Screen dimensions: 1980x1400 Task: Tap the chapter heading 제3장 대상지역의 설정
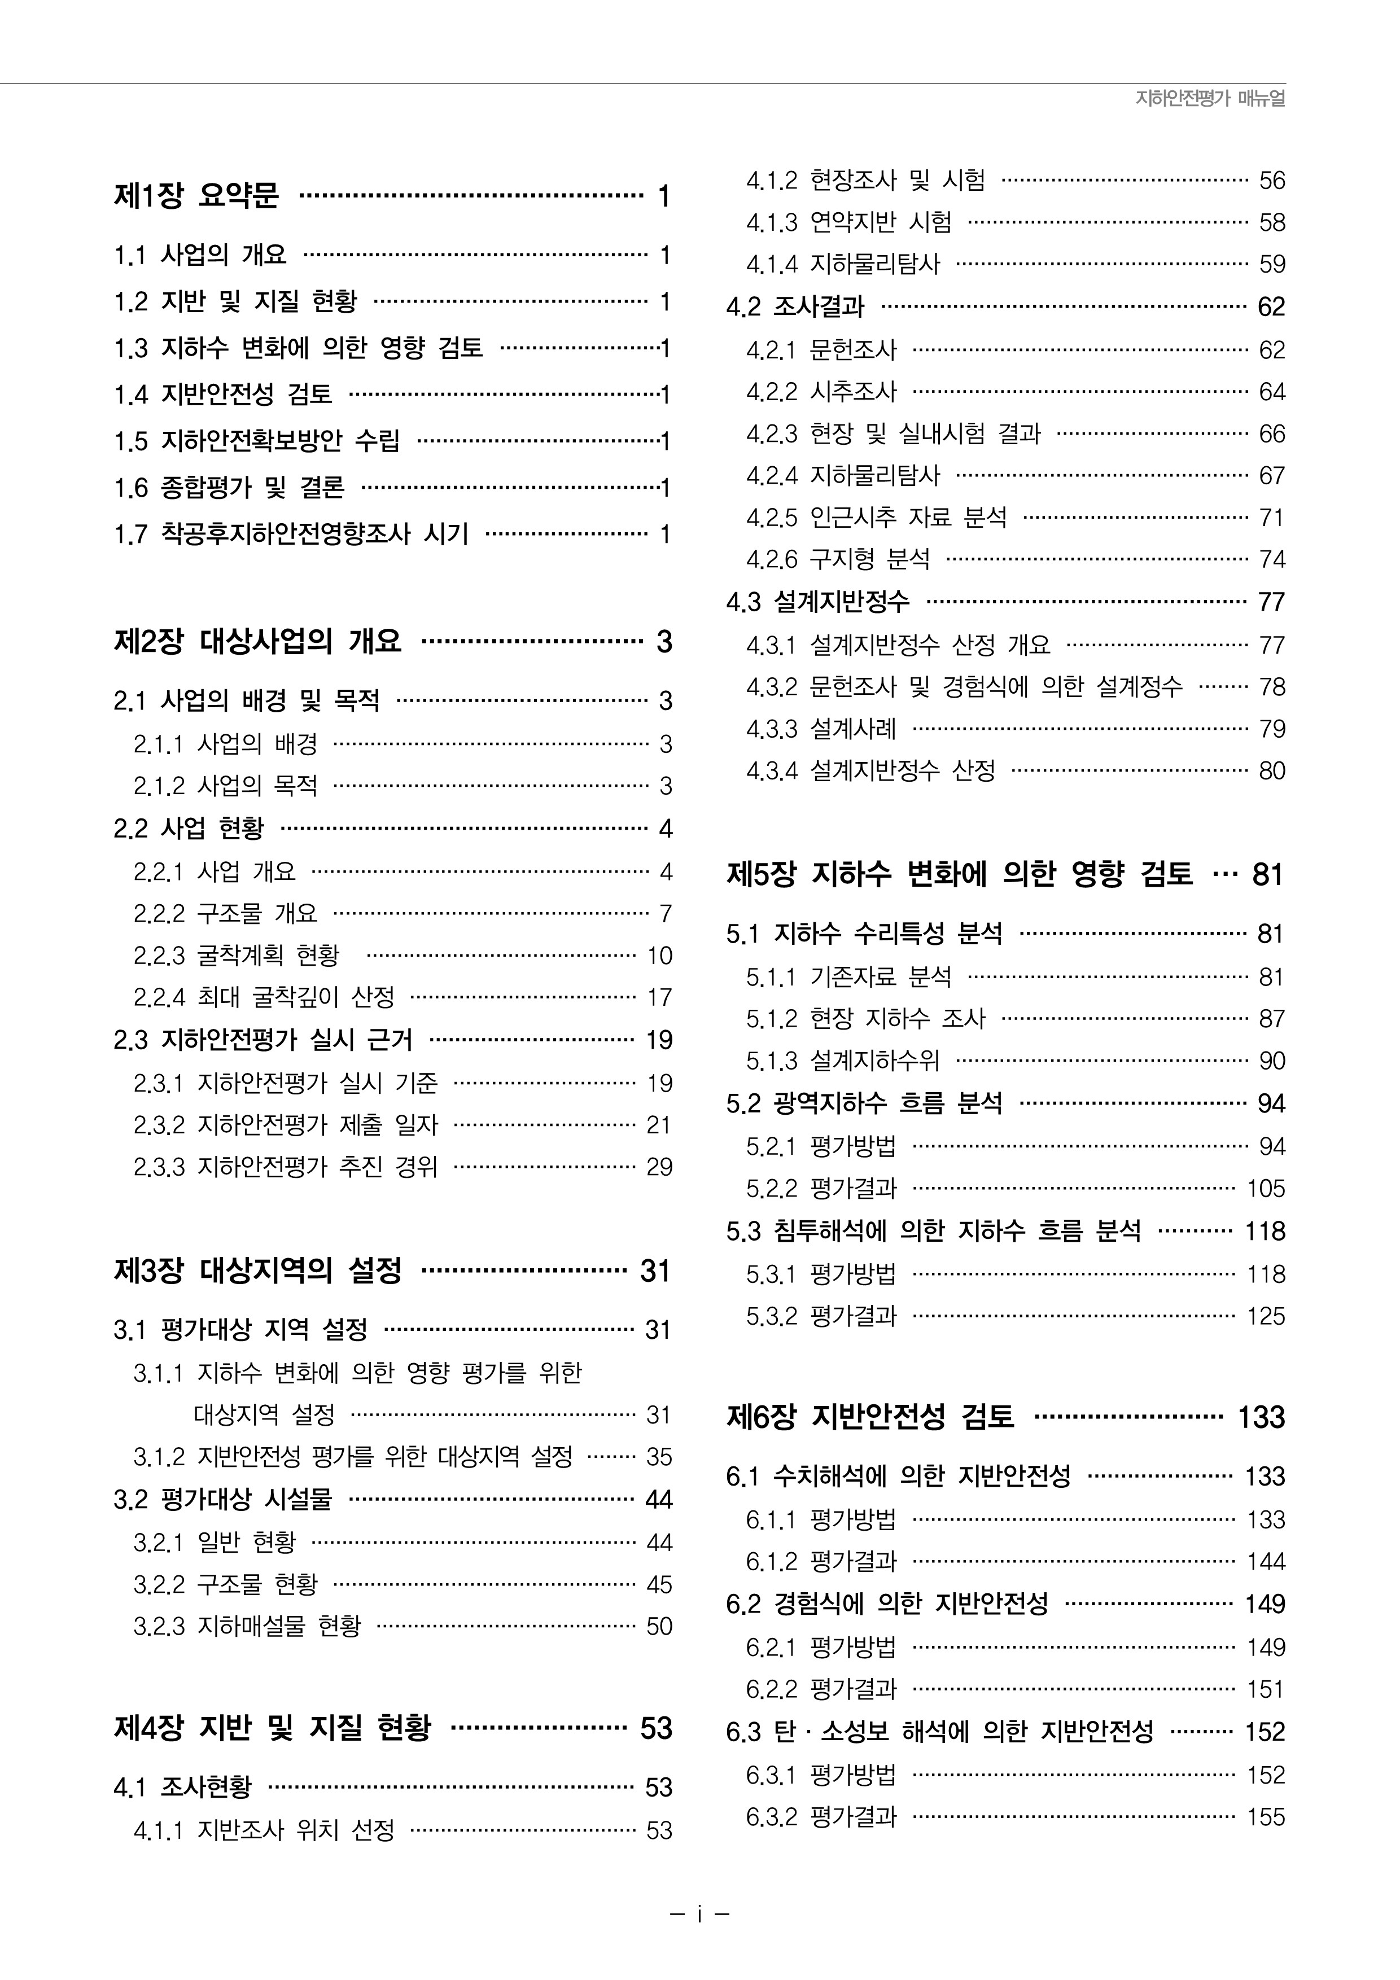pos(257,1271)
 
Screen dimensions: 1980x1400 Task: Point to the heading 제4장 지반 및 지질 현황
pos(272,1727)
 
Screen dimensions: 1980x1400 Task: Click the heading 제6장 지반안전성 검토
pos(870,1417)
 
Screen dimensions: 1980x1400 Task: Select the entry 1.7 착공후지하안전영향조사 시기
pos(291,534)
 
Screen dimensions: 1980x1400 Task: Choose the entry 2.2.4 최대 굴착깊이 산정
pos(264,998)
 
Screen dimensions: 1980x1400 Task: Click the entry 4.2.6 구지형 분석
pos(838,560)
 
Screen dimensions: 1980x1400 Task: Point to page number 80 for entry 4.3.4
pos(1271,771)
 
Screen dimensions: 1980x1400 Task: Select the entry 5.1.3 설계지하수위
pos(843,1061)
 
